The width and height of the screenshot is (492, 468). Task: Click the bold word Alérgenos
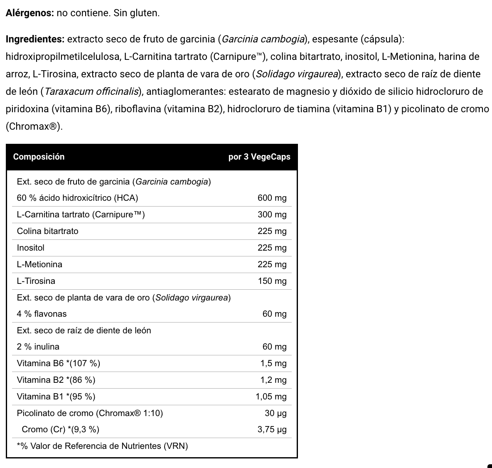(x=30, y=13)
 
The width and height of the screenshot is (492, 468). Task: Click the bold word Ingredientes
(x=35, y=39)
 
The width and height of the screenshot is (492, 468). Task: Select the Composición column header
(x=39, y=157)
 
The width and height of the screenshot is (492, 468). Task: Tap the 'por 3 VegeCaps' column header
(x=259, y=157)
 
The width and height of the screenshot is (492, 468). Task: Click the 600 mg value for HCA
(x=272, y=198)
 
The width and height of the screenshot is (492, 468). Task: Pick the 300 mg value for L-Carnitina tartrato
(x=272, y=214)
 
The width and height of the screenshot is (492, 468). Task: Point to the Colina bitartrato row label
(x=47, y=231)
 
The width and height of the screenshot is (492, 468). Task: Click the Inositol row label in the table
(x=30, y=248)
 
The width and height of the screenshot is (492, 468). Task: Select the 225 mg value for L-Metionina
(x=272, y=264)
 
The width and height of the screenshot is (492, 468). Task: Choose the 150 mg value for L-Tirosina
(x=272, y=281)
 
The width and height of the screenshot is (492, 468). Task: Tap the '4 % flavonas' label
(x=42, y=314)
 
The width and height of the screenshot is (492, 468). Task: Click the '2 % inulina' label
(x=38, y=347)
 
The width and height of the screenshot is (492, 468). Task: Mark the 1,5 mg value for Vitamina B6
(x=273, y=363)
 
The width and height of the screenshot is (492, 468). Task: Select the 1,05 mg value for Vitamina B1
(x=271, y=397)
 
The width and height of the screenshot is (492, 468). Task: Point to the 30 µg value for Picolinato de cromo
(x=276, y=413)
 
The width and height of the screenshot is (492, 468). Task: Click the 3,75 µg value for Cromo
(x=272, y=429)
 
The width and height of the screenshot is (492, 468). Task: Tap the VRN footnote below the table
(x=102, y=446)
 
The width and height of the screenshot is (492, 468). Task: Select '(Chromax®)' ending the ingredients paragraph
(x=34, y=126)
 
